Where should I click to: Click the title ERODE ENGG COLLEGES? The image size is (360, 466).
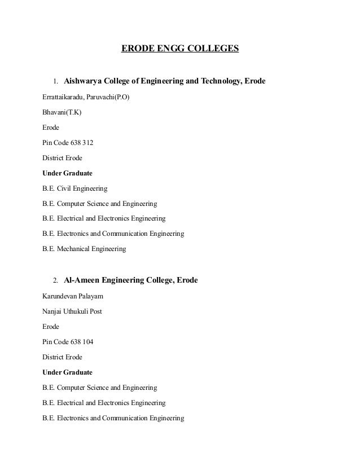[x=180, y=49]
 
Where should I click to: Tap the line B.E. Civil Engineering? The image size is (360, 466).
[x=74, y=188]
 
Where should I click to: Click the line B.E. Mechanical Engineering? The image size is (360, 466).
[x=84, y=249]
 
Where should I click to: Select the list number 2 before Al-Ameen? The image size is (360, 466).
[x=55, y=280]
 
